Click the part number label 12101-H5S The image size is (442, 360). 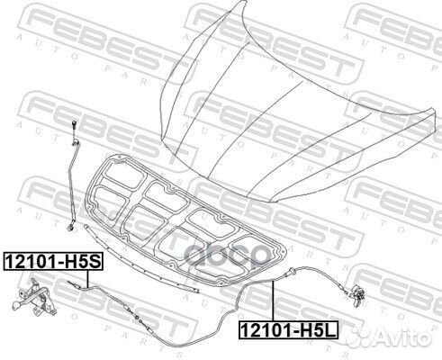(x=53, y=262)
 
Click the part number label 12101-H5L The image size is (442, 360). (x=288, y=329)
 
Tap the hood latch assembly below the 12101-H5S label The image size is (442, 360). (x=34, y=298)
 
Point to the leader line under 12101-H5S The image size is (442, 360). (x=88, y=278)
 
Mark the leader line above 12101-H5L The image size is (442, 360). (x=273, y=301)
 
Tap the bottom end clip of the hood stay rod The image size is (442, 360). (x=70, y=227)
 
